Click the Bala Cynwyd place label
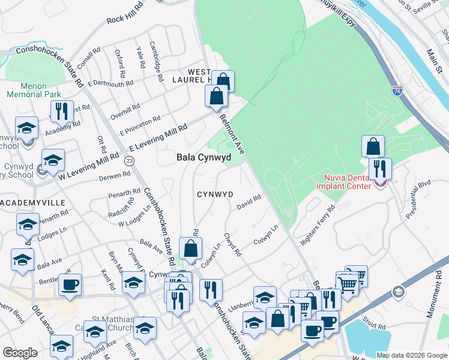coord(203,157)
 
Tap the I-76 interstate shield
coord(397,91)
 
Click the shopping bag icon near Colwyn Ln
coord(190,248)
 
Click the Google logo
coord(20,353)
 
